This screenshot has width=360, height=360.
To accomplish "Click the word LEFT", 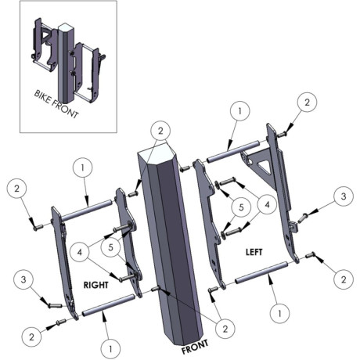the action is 254,252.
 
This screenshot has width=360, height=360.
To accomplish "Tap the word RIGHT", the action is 95,285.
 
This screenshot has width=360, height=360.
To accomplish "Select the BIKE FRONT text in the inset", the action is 56,104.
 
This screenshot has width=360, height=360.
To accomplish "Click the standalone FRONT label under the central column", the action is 195,347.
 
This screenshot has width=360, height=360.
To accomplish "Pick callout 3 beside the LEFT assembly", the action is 344,196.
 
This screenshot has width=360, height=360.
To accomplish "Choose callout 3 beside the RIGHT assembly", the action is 23,279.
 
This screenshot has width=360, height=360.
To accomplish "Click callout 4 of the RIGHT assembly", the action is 80,252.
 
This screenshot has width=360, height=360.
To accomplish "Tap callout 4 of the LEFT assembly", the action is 267,204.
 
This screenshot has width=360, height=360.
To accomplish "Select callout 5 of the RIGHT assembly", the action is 110,247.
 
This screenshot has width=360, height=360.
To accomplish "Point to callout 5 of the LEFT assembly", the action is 241,207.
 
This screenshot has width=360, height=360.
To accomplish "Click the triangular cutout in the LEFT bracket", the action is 262,166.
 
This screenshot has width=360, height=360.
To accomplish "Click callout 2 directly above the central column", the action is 160,131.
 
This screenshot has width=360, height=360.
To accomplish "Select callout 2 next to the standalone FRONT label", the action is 225,329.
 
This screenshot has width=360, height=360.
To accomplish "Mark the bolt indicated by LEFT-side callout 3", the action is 303,217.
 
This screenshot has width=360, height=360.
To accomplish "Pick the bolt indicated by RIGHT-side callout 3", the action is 56,304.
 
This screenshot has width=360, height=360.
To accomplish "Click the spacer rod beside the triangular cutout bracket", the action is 233,151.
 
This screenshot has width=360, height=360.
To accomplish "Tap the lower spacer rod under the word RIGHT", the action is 109,305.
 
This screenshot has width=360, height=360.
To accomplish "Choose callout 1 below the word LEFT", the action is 280,313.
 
